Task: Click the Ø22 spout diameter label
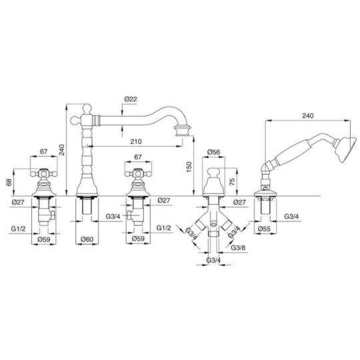131,99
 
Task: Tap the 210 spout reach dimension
136,141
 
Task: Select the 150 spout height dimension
189,167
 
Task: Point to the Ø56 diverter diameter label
213,152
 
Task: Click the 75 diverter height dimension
232,181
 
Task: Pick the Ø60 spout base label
87,239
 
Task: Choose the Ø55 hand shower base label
264,229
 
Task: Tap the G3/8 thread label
238,247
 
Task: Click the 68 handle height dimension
9,182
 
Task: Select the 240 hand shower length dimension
307,115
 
